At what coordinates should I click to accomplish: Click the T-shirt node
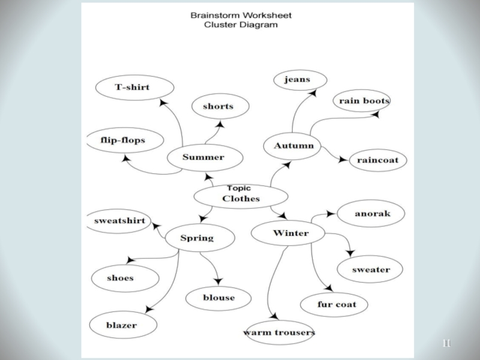pyautogui.click(x=132, y=88)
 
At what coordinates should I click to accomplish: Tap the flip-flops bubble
pyautogui.click(x=124, y=141)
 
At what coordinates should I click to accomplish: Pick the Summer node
pyautogui.click(x=203, y=158)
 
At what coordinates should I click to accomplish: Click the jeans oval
pyautogui.click(x=299, y=80)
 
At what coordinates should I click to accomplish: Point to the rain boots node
pyautogui.click(x=364, y=101)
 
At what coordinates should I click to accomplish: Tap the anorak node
pyautogui.click(x=372, y=214)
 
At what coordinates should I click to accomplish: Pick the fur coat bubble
pyautogui.click(x=337, y=304)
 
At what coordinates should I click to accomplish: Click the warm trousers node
pyautogui.click(x=279, y=332)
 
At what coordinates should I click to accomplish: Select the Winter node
pyautogui.click(x=289, y=233)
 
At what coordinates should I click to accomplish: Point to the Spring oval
pyautogui.click(x=197, y=238)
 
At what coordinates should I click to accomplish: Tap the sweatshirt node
pyautogui.click(x=119, y=221)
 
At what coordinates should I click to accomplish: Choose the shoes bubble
pyautogui.click(x=124, y=278)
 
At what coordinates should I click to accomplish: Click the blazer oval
pyautogui.click(x=122, y=325)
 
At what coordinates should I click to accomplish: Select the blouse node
pyautogui.click(x=218, y=298)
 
